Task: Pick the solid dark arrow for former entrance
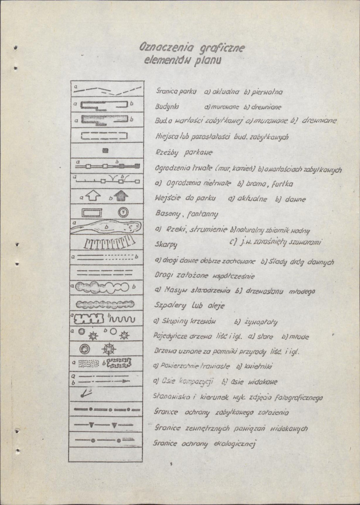pyautogui.click(x=122, y=196)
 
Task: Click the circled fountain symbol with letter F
pyautogui.click(x=124, y=213)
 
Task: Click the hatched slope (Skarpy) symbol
pyautogui.click(x=106, y=243)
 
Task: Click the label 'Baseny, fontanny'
pyautogui.click(x=186, y=214)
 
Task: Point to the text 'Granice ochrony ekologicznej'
pyautogui.click(x=205, y=443)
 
